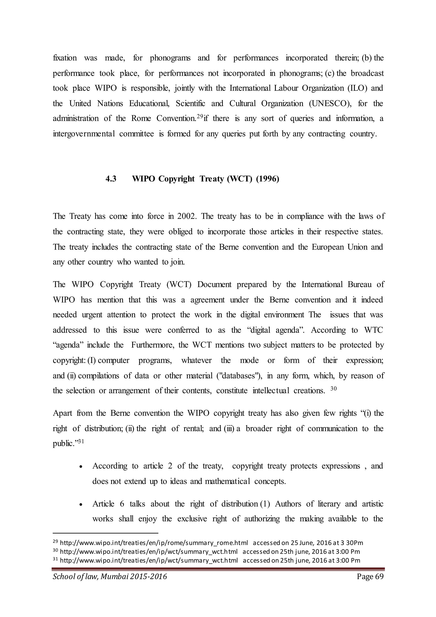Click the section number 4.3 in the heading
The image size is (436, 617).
coord(111,179)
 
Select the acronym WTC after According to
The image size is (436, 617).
coord(373,330)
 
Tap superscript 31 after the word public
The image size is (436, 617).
coord(81,441)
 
